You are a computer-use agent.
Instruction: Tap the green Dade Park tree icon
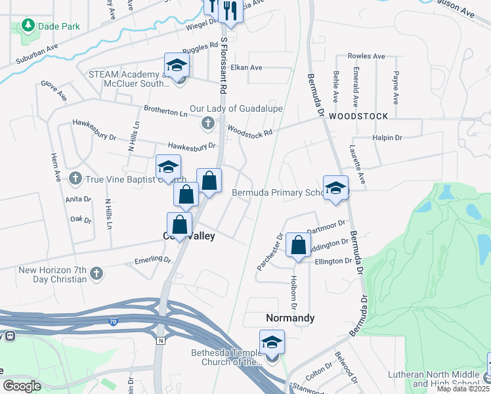[28, 26]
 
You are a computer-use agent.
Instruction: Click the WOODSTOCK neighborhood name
[358, 116]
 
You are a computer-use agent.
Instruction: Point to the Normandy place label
[290, 318]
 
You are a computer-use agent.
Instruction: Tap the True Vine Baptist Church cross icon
[75, 178]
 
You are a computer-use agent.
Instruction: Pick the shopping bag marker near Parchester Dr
[299, 246]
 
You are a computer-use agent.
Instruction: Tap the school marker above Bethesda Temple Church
[272, 341]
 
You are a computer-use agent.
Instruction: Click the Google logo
[22, 386]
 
